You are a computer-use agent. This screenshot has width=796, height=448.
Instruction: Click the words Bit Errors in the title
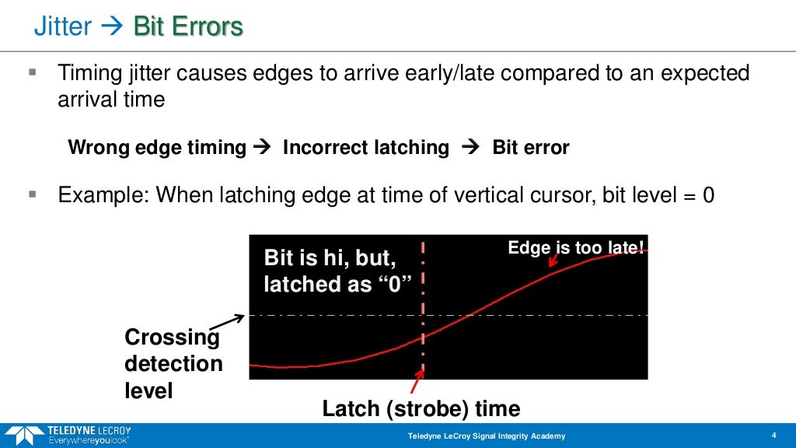click(x=188, y=28)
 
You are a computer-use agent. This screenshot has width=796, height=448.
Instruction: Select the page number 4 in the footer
click(x=773, y=435)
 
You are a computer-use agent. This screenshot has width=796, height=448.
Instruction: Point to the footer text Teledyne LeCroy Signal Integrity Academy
click(x=487, y=436)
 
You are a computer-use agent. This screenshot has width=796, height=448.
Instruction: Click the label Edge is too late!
click(x=576, y=248)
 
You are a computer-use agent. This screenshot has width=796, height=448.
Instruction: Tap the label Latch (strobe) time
click(x=421, y=408)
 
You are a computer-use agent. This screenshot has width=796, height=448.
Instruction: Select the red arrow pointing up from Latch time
click(x=417, y=381)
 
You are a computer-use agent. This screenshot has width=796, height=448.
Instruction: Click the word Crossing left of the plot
click(x=173, y=338)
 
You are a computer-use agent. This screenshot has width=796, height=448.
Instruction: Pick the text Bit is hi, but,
click(x=331, y=259)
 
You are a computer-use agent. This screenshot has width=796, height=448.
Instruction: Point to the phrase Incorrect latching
click(x=366, y=148)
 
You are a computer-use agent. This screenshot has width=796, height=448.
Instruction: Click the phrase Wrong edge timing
click(x=158, y=148)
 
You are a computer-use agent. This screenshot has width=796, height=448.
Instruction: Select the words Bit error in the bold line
click(x=531, y=148)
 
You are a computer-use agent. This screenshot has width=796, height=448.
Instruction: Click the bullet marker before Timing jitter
click(x=33, y=73)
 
